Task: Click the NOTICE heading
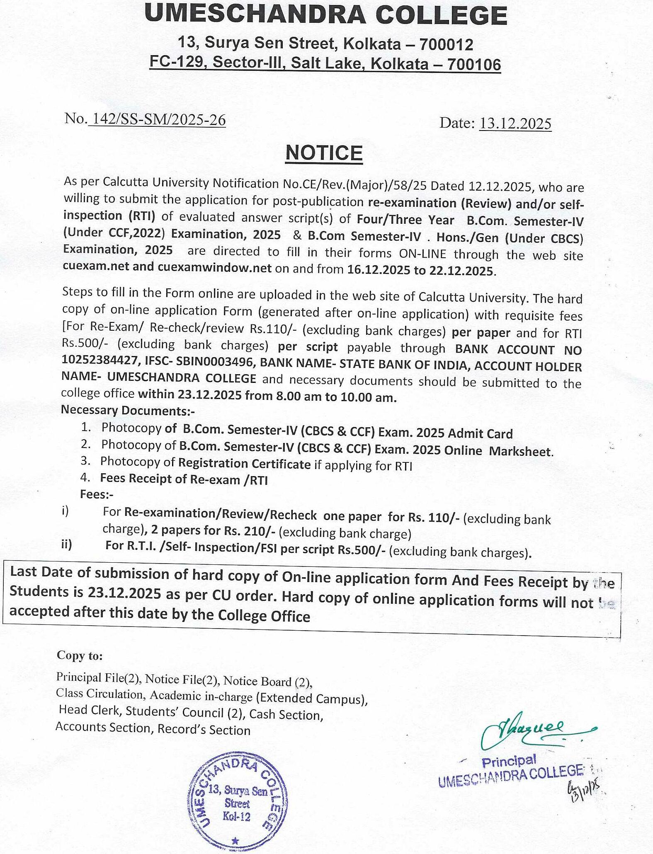coord(324,153)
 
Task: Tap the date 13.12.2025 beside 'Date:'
coord(515,123)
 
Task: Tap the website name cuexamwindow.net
coord(215,267)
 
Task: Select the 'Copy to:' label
coord(80,655)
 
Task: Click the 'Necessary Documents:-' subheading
coord(128,411)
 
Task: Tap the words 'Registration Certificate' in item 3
coord(244,464)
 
